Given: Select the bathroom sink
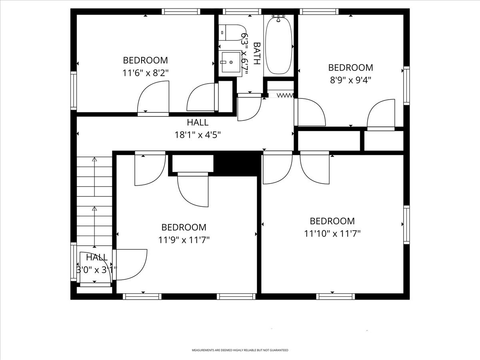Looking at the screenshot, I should tap(231, 62).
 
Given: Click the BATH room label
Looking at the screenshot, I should tap(256, 53).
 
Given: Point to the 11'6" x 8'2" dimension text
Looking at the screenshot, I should tap(145, 73).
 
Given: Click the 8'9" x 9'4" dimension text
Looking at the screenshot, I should tap(350, 80).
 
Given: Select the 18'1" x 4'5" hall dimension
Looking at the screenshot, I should tap(198, 135).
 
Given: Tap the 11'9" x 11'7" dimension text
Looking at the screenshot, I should tap(184, 240).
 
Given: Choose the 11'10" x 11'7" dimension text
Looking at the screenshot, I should tap(332, 234).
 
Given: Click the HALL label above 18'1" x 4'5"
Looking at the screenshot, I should tap(198, 122).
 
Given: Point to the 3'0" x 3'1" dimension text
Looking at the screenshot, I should tap(96, 270).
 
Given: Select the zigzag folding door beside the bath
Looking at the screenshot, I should tap(285, 96).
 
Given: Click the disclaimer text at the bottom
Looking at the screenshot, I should tap(240, 350).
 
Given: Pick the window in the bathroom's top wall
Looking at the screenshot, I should tap(242, 12).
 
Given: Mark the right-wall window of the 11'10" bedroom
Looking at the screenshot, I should tap(406, 224).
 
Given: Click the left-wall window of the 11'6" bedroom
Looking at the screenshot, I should tap(74, 90).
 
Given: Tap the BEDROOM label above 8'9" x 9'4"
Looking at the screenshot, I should tap(350, 67).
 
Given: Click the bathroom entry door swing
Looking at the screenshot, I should tap(249, 107).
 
